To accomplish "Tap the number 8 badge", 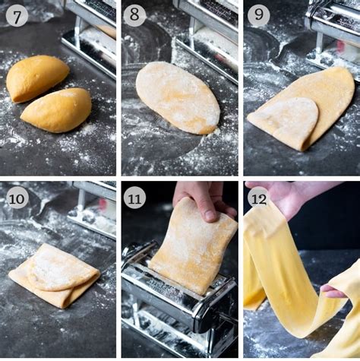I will pyautogui.click(x=135, y=15).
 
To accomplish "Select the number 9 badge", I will pyautogui.click(x=258, y=15).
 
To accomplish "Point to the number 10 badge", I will pyautogui.click(x=17, y=197).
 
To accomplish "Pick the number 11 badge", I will pyautogui.click(x=135, y=198).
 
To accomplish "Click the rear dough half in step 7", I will pyautogui.click(x=37, y=78).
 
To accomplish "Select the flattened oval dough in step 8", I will pyautogui.click(x=178, y=97).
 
